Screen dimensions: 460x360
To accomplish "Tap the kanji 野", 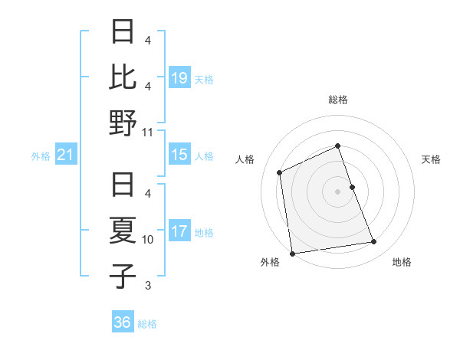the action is [123, 123].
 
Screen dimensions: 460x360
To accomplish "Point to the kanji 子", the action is [123, 277].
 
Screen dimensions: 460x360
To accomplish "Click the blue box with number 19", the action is [179, 78].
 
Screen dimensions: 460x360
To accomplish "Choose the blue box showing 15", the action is [179, 155].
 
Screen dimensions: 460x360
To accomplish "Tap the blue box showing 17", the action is [179, 231].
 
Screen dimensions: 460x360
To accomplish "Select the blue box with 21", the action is [65, 155].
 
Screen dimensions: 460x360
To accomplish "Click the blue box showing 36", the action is [123, 322].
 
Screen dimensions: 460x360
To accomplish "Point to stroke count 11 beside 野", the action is [148, 132].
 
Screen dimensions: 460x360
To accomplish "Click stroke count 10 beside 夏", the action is [148, 240].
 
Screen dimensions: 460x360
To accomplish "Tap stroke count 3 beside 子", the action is [148, 286].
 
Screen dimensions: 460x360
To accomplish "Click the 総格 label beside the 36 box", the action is [147, 323].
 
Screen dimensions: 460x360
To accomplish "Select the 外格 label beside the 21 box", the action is [41, 156].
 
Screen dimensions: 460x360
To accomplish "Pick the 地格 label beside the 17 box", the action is [204, 232].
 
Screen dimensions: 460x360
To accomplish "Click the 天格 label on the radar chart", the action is [432, 159].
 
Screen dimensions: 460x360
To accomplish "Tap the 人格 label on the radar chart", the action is [245, 159].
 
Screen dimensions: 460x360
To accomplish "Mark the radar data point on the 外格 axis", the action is [292, 253].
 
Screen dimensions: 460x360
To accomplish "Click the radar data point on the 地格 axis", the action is [374, 242].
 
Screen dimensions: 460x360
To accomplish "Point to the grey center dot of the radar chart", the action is [337, 191].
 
